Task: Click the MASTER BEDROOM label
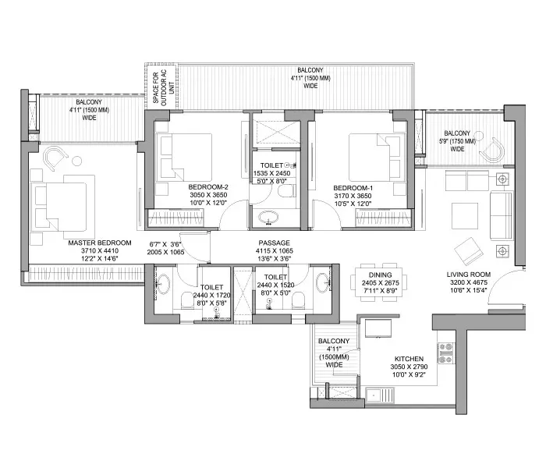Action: pyautogui.click(x=100, y=243)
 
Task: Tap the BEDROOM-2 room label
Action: pyautogui.click(x=208, y=187)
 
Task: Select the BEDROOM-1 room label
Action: pyautogui.click(x=353, y=188)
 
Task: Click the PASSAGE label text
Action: pyautogui.click(x=274, y=243)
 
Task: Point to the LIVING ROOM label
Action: pyautogui.click(x=469, y=275)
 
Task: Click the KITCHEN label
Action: pyautogui.click(x=409, y=359)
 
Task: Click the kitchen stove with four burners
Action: pyautogui.click(x=445, y=353)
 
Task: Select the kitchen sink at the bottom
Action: pyautogui.click(x=381, y=395)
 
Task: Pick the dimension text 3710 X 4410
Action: pyautogui.click(x=100, y=250)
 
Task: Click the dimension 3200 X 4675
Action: pyautogui.click(x=469, y=282)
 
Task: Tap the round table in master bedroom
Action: pyautogui.click(x=77, y=161)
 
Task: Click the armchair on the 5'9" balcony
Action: pyautogui.click(x=493, y=150)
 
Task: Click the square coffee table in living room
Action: pyautogui.click(x=465, y=215)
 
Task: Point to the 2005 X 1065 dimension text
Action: pyautogui.click(x=165, y=252)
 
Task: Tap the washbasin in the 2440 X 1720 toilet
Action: pyautogui.click(x=163, y=282)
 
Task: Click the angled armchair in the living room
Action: pyautogui.click(x=468, y=250)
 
